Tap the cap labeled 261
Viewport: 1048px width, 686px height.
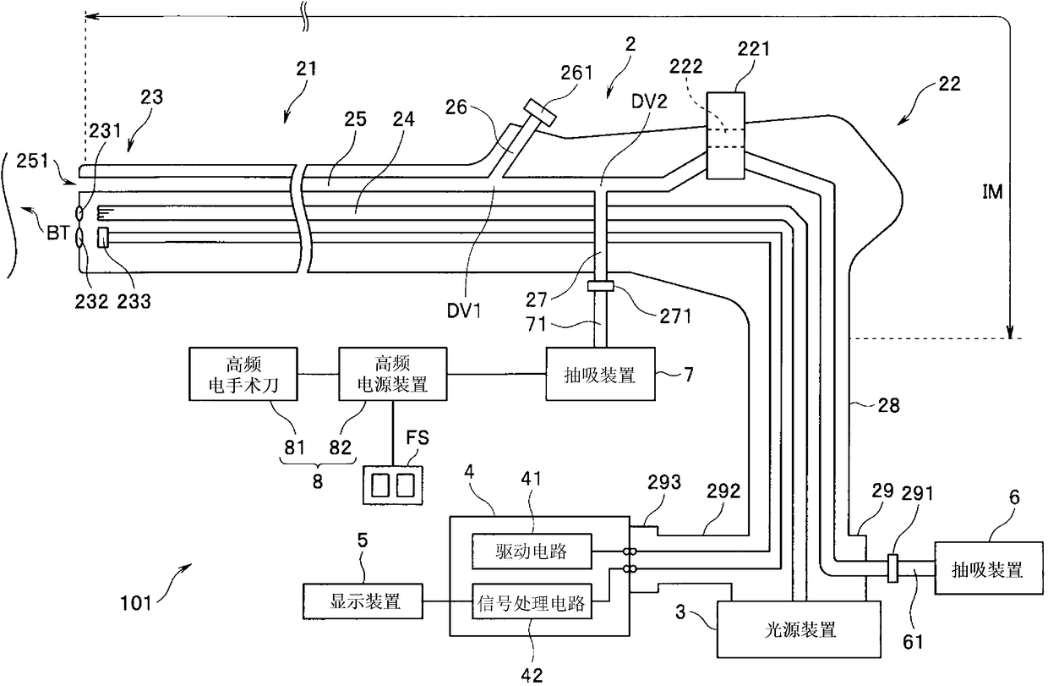(540, 113)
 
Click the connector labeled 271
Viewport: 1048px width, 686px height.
(600, 286)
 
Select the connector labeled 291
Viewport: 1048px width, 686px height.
(892, 568)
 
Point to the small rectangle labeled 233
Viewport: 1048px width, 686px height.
(102, 238)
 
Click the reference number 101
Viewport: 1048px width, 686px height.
(136, 602)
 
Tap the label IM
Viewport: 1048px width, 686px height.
(992, 192)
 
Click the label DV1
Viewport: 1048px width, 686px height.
(464, 311)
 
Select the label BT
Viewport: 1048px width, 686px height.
(58, 233)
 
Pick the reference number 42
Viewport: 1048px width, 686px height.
(532, 675)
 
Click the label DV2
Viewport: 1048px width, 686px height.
(649, 102)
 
